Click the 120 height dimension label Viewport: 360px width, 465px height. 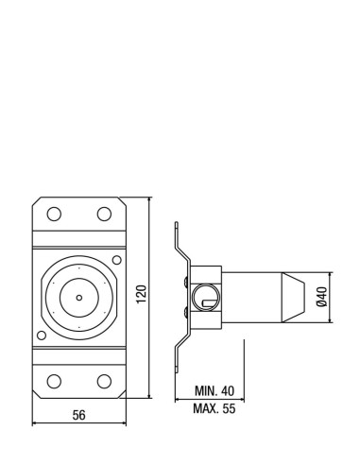(142, 294)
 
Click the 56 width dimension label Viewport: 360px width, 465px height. (78, 415)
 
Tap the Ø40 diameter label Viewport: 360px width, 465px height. (321, 297)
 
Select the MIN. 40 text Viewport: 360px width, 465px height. (214, 390)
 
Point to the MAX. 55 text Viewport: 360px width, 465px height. (214, 408)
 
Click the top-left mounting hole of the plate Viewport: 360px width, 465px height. (54, 214)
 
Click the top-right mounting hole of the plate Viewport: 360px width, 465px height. (104, 214)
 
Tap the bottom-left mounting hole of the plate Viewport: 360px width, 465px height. (54, 381)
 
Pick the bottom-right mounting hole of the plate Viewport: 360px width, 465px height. (104, 381)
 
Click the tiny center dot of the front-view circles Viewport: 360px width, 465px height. (79, 298)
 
